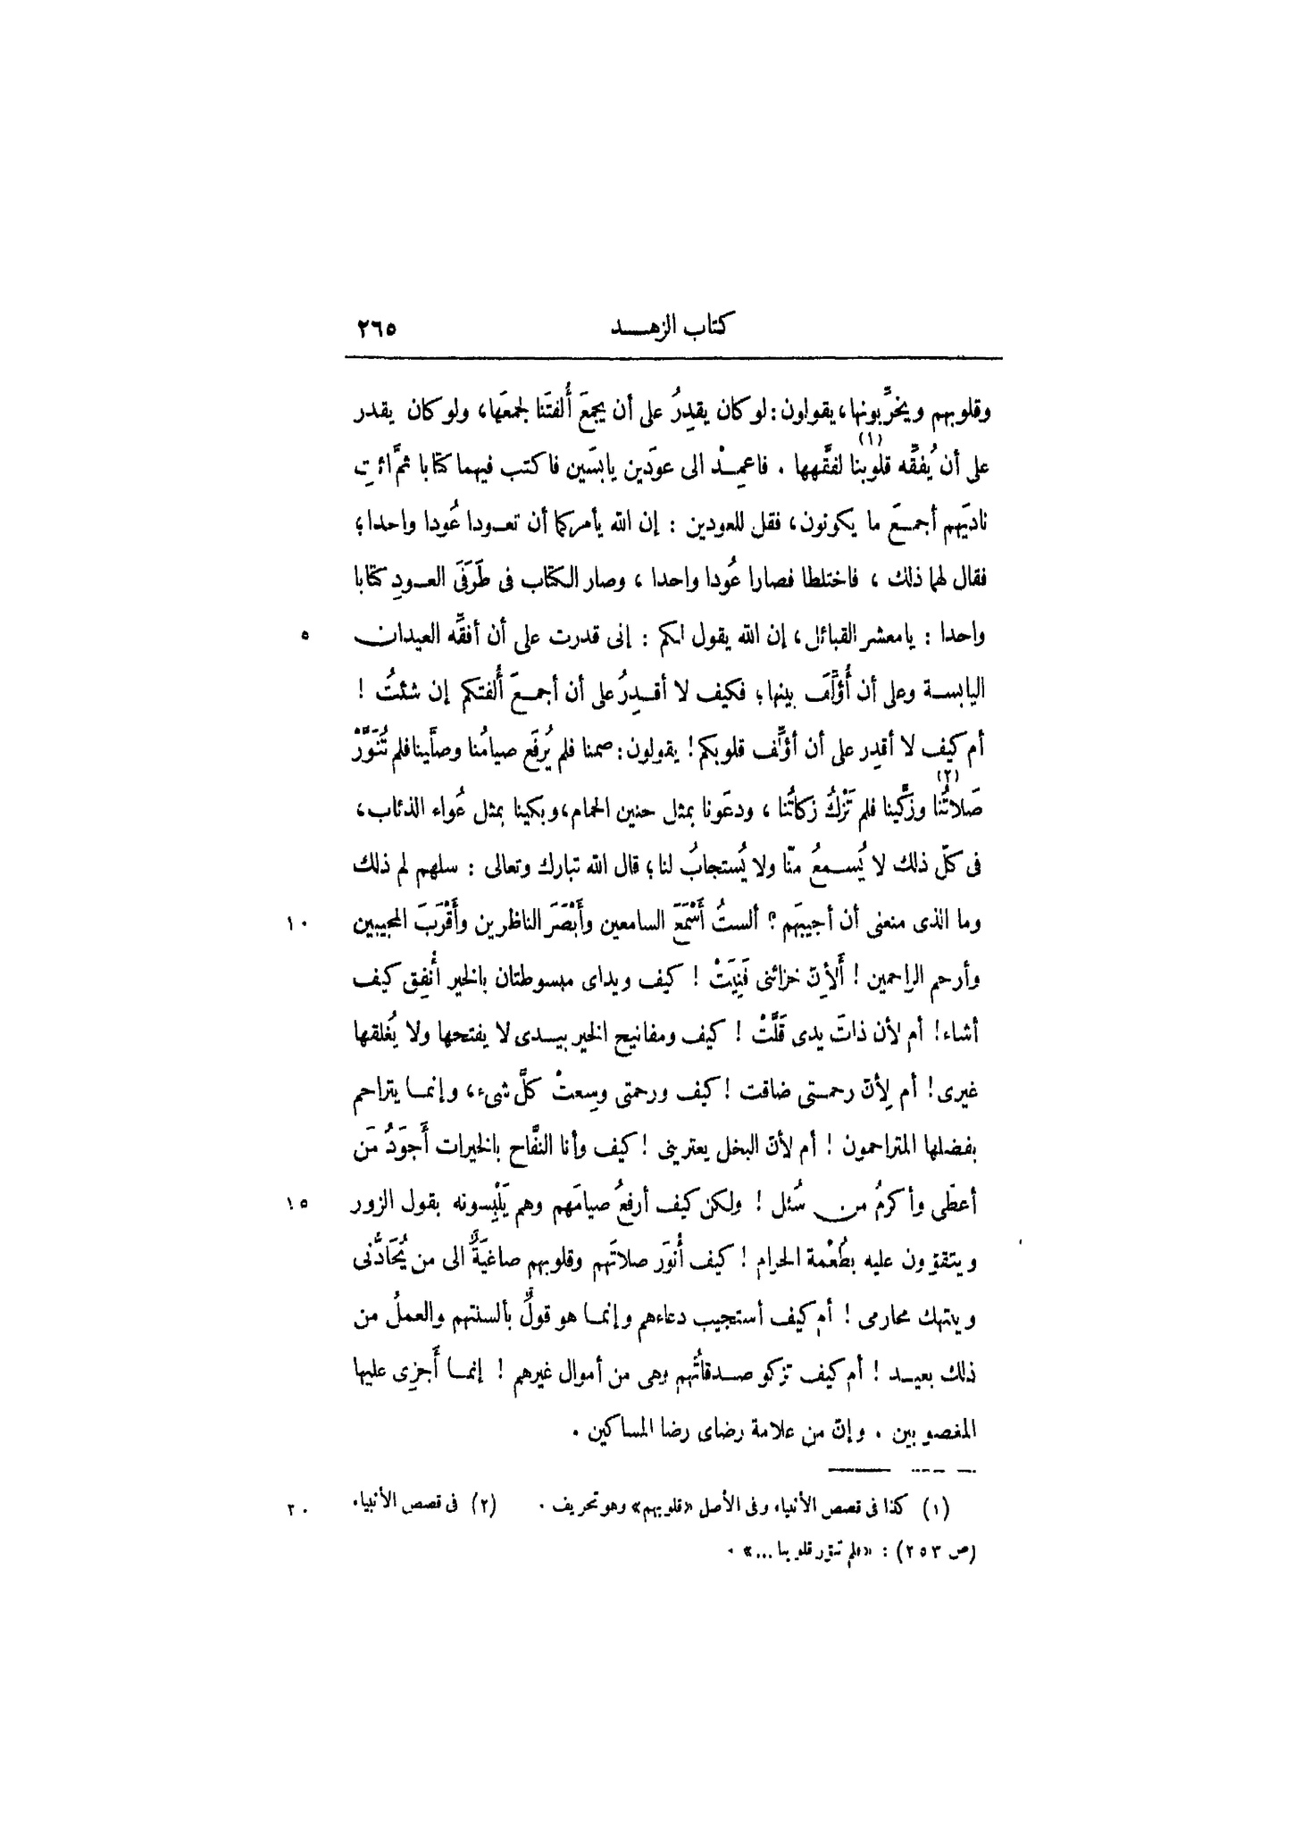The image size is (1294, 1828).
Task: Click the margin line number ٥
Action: tap(305, 636)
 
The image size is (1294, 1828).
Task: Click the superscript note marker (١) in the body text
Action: tap(864, 439)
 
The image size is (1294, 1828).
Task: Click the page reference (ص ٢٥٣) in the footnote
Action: tap(942, 1552)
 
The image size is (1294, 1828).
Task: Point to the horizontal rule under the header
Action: tap(673, 359)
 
